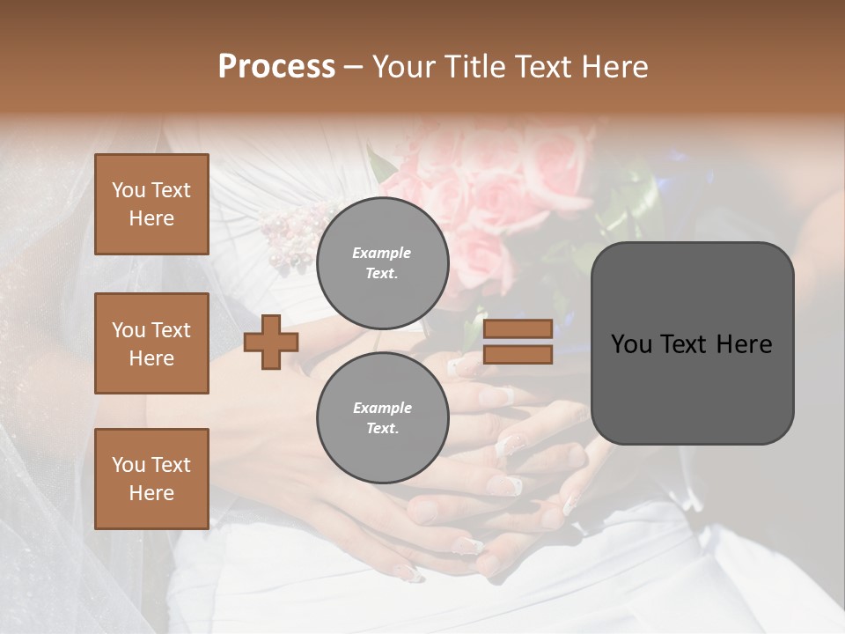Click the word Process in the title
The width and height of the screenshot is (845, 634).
(276, 67)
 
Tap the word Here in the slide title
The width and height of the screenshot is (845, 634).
(614, 67)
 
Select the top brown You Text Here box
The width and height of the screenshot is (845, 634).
(151, 204)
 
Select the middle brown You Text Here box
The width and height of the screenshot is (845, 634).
(151, 343)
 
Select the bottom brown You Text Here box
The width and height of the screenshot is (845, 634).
(151, 479)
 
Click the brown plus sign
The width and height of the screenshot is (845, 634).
(271, 342)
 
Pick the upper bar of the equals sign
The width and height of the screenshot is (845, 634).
(518, 328)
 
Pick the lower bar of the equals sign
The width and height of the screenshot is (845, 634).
(518, 355)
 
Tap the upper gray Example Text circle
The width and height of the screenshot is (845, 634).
(382, 262)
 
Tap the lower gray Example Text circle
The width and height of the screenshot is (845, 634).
(382, 417)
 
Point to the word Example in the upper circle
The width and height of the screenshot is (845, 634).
(382, 253)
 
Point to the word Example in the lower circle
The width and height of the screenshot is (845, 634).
(382, 408)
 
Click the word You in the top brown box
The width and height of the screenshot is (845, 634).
(129, 190)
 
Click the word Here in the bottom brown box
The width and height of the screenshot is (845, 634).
(151, 493)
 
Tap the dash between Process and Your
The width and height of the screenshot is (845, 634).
(354, 68)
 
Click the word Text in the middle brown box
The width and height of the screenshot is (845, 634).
(170, 330)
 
